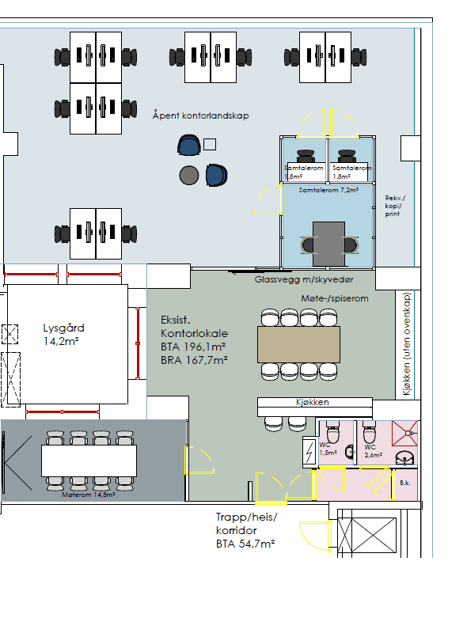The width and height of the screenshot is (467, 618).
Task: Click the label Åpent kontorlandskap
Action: pos(200,116)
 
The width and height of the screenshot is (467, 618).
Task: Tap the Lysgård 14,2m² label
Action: pos(63,335)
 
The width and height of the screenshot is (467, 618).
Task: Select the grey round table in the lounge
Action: pos(188,175)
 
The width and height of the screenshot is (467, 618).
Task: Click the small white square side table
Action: pos(210,144)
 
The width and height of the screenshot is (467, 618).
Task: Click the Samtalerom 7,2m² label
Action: pos(328,191)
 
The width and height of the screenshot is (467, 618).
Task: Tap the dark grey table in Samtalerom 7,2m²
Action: pos(329,244)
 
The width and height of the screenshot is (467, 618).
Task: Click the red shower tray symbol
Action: pos(409,432)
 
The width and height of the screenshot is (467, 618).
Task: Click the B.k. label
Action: pos(404,482)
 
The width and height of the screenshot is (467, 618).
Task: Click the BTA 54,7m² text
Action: pos(245,544)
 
